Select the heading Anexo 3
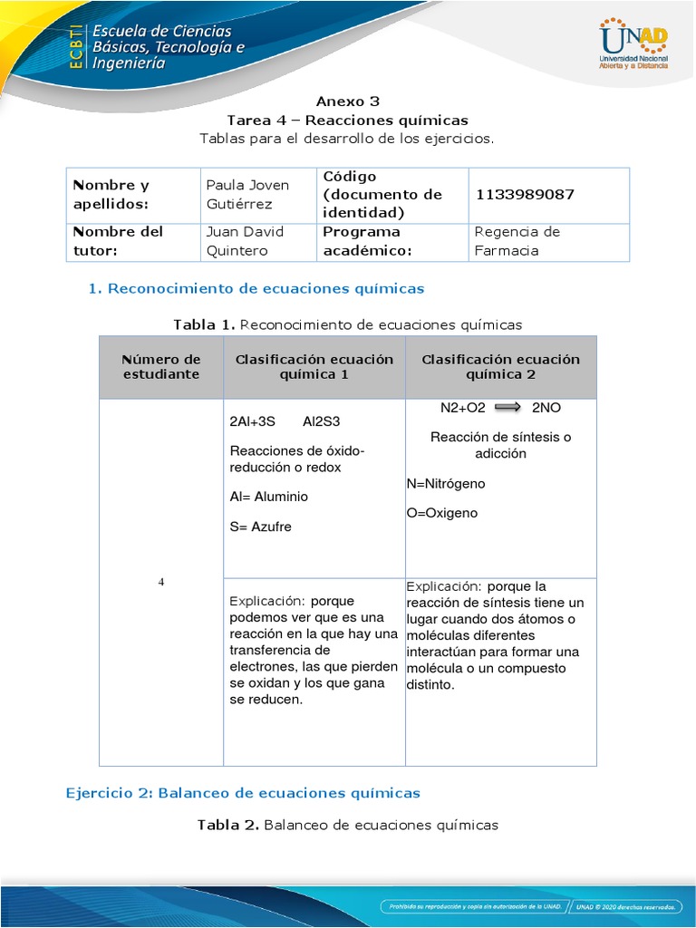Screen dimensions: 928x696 pyautogui.click(x=342, y=101)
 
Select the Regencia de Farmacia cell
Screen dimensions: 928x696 pyautogui.click(x=517, y=241)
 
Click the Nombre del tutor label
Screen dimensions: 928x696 pyautogui.click(x=117, y=241)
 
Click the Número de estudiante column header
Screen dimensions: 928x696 pyautogui.click(x=160, y=367)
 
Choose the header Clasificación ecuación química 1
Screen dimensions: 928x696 pyautogui.click(x=314, y=367)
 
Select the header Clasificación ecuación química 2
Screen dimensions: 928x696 pyautogui.click(x=500, y=367)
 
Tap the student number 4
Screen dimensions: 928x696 pyautogui.click(x=161, y=582)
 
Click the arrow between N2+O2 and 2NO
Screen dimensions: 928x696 pyautogui.click(x=507, y=408)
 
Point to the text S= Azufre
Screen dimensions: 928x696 pyautogui.click(x=261, y=527)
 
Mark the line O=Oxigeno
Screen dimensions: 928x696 pyautogui.click(x=441, y=513)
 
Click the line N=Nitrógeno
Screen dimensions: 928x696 pyautogui.click(x=445, y=484)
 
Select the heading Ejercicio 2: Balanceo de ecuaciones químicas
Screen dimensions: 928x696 pyautogui.click(x=243, y=793)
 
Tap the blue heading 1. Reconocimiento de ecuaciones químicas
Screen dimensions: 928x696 pyautogui.click(x=256, y=289)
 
